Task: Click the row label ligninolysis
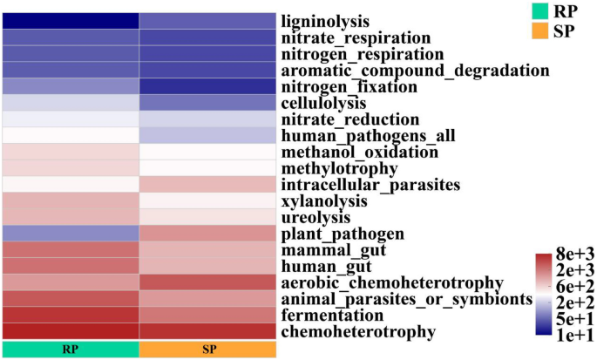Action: (x=325, y=21)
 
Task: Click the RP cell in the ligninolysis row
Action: (x=70, y=21)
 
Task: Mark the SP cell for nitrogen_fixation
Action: (x=207, y=86)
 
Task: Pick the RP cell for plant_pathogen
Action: (x=70, y=234)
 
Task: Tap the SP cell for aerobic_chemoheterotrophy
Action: (x=207, y=282)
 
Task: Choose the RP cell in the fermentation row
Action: (x=70, y=315)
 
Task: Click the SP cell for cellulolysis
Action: (x=207, y=103)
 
